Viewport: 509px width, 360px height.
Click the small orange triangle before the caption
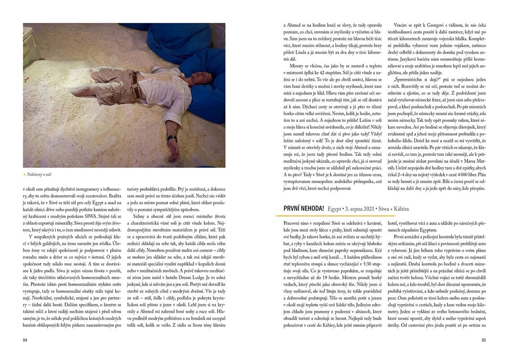pyautogui.click(x=24, y=174)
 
